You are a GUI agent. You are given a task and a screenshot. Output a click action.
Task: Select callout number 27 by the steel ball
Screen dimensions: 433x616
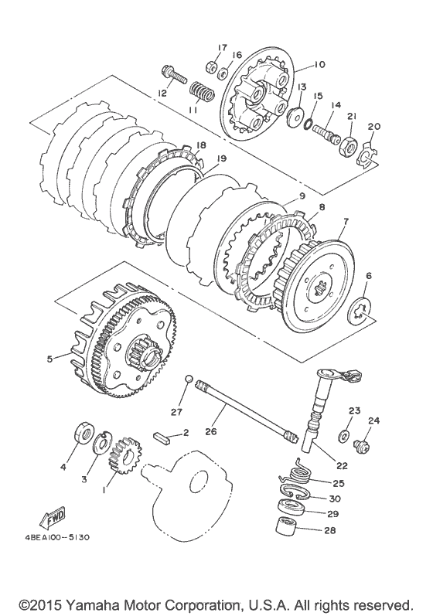[x=176, y=412]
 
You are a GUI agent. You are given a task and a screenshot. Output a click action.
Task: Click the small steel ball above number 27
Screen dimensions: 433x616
[x=189, y=379]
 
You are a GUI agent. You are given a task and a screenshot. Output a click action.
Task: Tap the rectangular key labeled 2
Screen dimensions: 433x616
[x=162, y=437]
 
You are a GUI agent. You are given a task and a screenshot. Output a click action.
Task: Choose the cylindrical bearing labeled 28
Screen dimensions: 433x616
[x=285, y=526]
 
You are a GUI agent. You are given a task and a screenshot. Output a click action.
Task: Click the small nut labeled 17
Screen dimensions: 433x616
[x=211, y=66]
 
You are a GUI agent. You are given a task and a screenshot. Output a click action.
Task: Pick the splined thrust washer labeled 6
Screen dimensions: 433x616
[x=358, y=312]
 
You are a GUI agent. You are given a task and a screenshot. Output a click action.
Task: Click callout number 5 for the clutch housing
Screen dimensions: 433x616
[x=49, y=359]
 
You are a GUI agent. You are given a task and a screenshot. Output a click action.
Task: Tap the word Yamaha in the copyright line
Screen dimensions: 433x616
[x=89, y=604]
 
